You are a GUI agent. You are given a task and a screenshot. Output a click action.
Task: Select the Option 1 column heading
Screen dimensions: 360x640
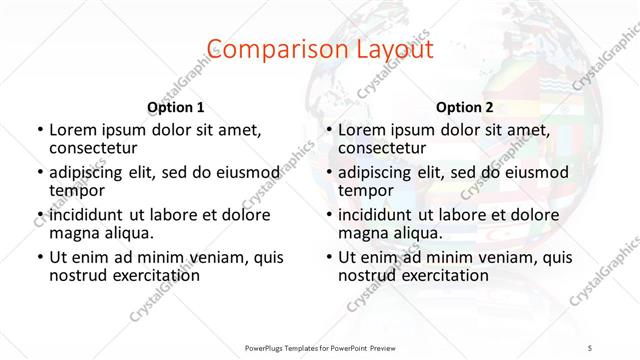pyautogui.click(x=176, y=107)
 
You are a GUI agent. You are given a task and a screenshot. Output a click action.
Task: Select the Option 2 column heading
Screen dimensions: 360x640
pyautogui.click(x=464, y=107)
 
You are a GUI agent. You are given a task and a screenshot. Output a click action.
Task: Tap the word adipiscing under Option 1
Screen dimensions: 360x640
pyautogui.click(x=91, y=172)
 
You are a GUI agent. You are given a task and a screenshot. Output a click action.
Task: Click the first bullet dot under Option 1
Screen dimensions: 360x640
pyautogui.click(x=39, y=131)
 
